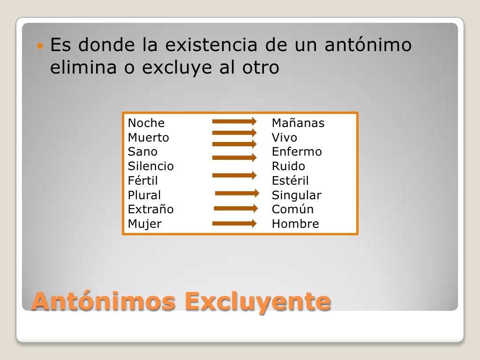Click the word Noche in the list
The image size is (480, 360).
[x=146, y=123]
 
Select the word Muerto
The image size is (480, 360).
[x=148, y=138]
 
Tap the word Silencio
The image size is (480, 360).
[x=150, y=166]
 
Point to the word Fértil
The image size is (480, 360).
[x=143, y=181]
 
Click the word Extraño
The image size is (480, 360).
[x=150, y=210]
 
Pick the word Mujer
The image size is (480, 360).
[x=144, y=224]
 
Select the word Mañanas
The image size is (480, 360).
[x=298, y=123]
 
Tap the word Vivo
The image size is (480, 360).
[x=284, y=138]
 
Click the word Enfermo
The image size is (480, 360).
[x=297, y=152]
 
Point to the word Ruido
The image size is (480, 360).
[x=288, y=166]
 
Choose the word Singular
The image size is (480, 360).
[x=296, y=195]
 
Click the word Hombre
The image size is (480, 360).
[x=295, y=224]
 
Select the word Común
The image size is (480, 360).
[x=292, y=210]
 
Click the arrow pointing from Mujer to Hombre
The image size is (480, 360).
[x=234, y=224]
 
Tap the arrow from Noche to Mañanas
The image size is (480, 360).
[x=234, y=121]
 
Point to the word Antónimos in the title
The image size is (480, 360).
[x=104, y=301]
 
